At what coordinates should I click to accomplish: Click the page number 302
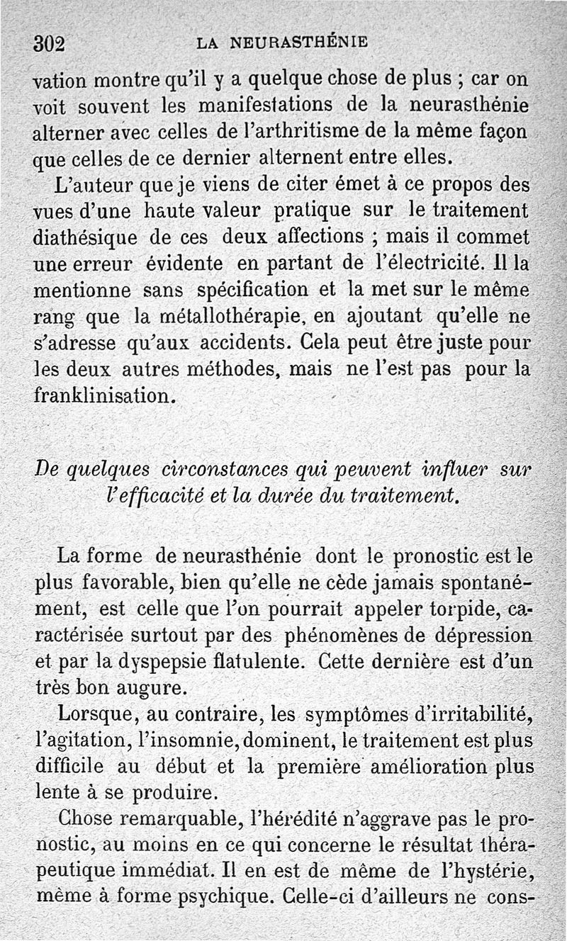pyautogui.click(x=50, y=43)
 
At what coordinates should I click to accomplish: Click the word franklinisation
pyautogui.click(x=104, y=394)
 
